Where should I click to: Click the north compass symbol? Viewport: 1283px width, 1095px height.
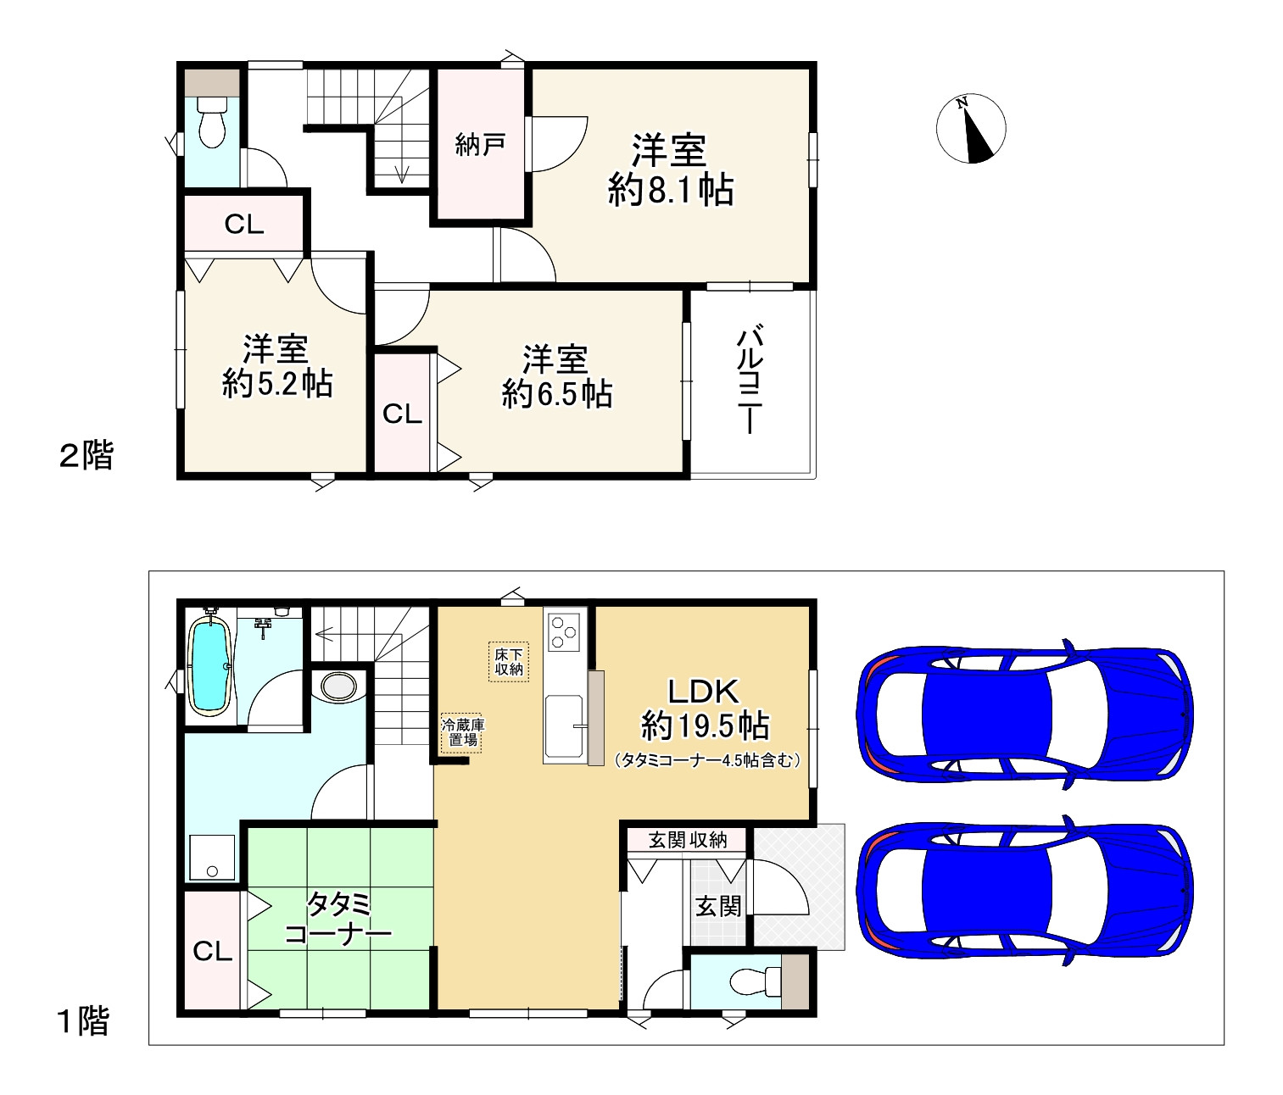(x=971, y=129)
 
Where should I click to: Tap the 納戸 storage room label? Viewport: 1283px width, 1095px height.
(x=480, y=145)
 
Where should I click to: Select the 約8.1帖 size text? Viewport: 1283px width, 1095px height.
(x=671, y=191)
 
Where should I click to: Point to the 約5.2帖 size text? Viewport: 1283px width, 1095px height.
(x=277, y=384)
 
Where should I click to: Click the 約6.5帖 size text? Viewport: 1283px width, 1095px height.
(x=557, y=394)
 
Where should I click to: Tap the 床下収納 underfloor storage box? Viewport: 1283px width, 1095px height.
(x=508, y=661)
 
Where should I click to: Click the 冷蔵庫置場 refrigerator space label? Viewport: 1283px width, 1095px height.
(x=462, y=732)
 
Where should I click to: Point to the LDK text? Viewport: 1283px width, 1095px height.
(x=703, y=691)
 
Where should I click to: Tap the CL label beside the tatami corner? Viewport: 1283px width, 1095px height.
(x=212, y=950)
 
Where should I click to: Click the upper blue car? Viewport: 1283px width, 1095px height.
(x=1024, y=714)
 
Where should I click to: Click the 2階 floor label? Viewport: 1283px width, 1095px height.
(x=86, y=455)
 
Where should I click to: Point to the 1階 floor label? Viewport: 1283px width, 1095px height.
(x=84, y=1021)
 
